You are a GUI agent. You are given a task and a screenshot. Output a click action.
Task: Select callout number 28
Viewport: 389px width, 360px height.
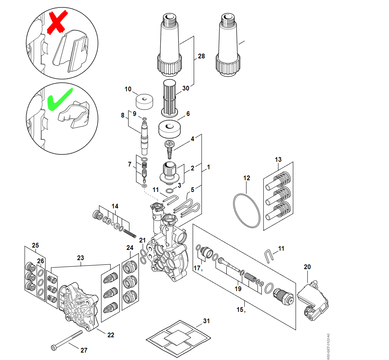tap(201, 56)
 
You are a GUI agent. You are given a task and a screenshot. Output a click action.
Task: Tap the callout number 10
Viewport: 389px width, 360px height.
tap(128, 89)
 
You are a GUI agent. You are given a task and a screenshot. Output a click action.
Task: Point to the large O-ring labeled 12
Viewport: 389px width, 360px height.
tap(247, 209)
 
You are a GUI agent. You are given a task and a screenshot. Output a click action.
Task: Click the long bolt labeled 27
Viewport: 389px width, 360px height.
tap(67, 340)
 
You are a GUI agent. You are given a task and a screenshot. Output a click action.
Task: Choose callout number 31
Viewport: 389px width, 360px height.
tap(206, 321)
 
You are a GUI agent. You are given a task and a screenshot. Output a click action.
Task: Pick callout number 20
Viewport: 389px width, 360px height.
tap(307, 267)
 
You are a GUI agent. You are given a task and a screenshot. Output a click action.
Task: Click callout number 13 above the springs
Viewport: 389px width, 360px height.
tap(278, 159)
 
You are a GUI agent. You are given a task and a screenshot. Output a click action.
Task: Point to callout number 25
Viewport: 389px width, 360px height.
tap(35, 246)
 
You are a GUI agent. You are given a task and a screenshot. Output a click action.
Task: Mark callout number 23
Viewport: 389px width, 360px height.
tap(80, 258)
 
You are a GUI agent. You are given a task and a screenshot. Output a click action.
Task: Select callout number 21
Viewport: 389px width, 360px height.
tap(142, 240)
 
